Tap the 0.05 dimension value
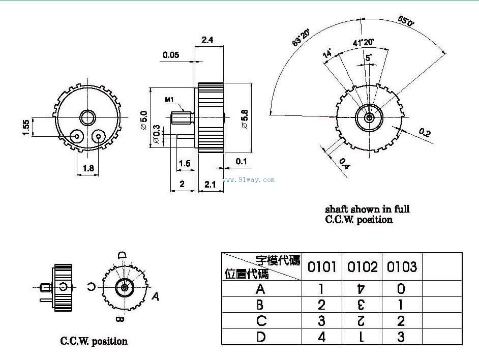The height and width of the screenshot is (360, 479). pyautogui.click(x=171, y=55)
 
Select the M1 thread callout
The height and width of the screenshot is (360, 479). pyautogui.click(x=170, y=99)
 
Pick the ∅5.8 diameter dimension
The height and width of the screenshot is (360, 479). pyautogui.click(x=245, y=119)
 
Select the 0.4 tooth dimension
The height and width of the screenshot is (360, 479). pyautogui.click(x=344, y=163)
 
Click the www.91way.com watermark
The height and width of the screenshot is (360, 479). pyautogui.click(x=249, y=179)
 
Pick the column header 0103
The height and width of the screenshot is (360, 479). pyautogui.click(x=402, y=266)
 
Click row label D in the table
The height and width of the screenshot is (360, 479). pyautogui.click(x=261, y=337)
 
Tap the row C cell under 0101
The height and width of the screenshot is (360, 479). pyautogui.click(x=321, y=321)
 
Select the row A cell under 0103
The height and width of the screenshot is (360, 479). pyautogui.click(x=401, y=289)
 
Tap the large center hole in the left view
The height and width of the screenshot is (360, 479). pyautogui.click(x=87, y=116)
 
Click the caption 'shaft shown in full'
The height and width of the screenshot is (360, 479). pyautogui.click(x=367, y=208)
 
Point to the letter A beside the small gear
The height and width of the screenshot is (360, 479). pyautogui.click(x=156, y=296)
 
